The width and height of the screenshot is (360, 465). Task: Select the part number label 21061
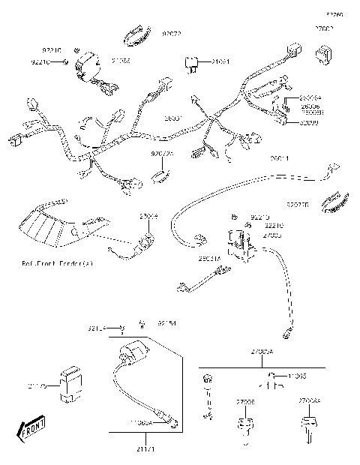coord(221,61)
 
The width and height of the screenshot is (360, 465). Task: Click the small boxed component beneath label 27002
coord(324,53)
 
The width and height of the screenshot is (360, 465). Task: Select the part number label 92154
coord(167,323)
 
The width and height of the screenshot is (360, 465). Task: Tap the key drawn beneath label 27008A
coord(308,425)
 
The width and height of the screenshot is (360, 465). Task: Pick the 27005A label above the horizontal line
coord(262,352)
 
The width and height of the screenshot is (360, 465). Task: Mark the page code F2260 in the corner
coord(334,13)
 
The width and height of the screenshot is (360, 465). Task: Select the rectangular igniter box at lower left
coord(72,383)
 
